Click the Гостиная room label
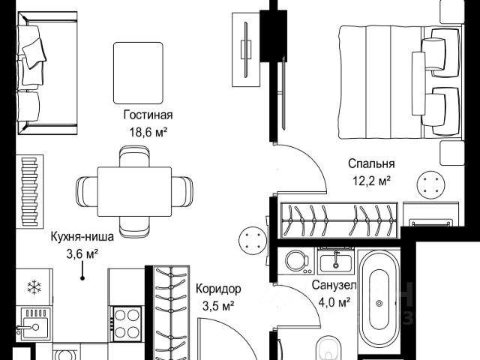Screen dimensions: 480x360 pos(148,115)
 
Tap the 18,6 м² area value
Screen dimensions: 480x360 pos(148,133)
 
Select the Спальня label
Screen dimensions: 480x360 pos(371,163)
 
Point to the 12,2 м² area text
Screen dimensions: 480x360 pos(372,181)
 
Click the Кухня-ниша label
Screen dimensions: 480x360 pos(82,237)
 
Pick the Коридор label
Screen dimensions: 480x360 pos(218,289)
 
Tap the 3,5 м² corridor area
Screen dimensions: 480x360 pos(218,306)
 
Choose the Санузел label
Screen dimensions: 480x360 pos(334,285)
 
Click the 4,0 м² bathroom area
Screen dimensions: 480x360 pos(334,303)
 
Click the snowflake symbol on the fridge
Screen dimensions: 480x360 pos(34,287)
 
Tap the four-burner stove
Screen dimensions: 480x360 pos(127,324)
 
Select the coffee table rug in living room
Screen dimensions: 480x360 pos(138,73)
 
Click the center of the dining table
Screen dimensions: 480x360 pos(134,192)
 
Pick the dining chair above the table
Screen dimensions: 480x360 pos(134,156)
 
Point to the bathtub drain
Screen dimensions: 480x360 pos(379,303)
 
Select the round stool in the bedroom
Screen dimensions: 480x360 pos(431,185)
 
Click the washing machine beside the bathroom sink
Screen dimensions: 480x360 pos(296,261)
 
